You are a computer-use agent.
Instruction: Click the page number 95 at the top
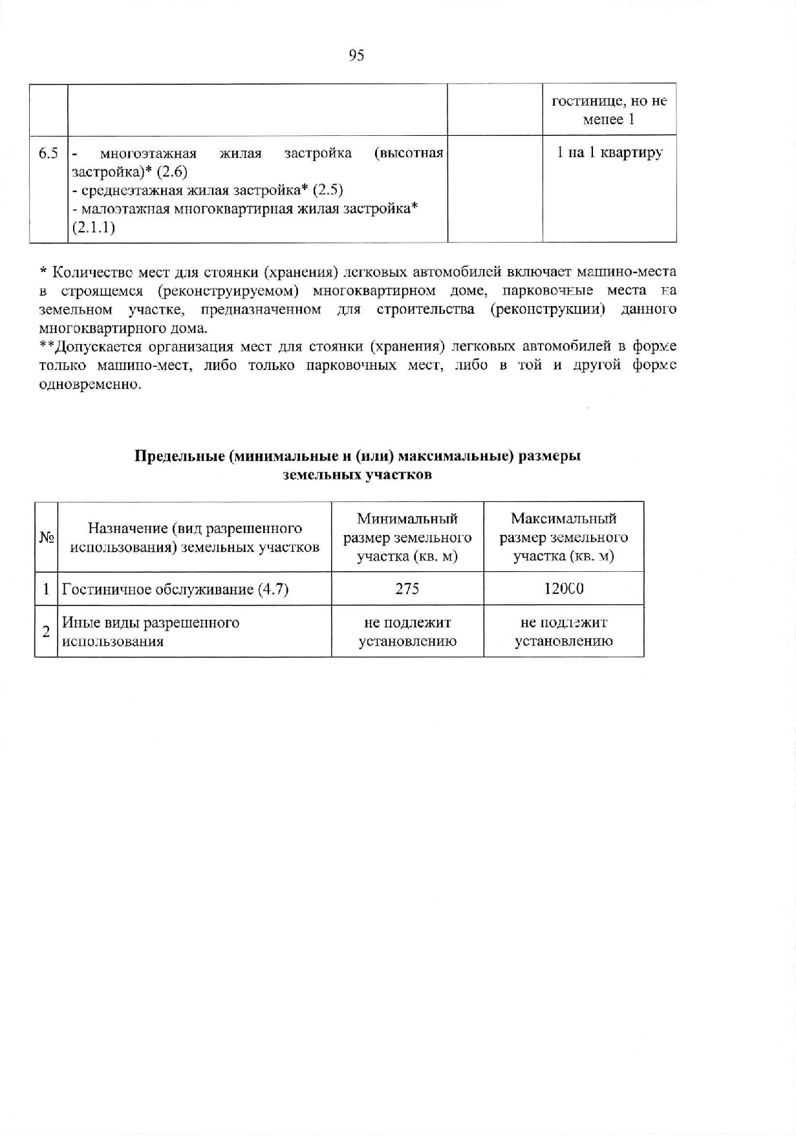click(x=356, y=56)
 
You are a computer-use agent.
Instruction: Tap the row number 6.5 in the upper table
click(x=48, y=153)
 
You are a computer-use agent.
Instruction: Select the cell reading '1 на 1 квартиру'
click(x=609, y=153)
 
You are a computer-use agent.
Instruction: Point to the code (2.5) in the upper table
click(x=327, y=190)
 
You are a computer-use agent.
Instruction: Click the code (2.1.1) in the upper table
click(x=94, y=228)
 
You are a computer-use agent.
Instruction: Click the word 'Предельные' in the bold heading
click(x=178, y=456)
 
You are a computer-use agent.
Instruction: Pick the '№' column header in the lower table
click(x=46, y=538)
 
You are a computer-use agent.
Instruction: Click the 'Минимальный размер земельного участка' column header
click(x=407, y=537)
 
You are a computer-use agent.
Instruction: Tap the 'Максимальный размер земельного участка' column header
click(x=563, y=537)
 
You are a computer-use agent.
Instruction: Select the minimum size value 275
click(x=407, y=589)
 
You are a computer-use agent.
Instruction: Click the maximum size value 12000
click(x=563, y=589)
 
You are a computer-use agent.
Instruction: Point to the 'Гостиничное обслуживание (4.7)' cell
click(x=175, y=589)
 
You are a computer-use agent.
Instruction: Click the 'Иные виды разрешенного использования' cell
click(x=151, y=632)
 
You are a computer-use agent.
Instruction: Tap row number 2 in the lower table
click(x=46, y=632)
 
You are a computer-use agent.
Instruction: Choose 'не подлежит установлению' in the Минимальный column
click(x=407, y=632)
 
